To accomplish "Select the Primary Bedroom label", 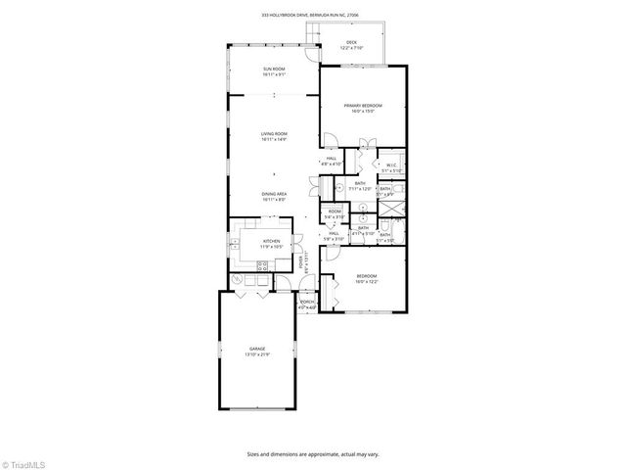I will (x=362, y=105).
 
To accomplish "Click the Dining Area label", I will (x=273, y=194).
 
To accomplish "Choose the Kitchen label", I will (x=271, y=241).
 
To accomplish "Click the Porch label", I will (x=307, y=303).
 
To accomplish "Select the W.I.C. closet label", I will (x=389, y=164).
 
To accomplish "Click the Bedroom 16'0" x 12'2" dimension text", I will (x=367, y=282).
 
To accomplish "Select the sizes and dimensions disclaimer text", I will (x=313, y=453).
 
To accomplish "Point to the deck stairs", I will (x=314, y=35).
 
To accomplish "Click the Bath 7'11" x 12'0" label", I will (x=360, y=186).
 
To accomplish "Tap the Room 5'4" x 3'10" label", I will (x=335, y=213).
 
